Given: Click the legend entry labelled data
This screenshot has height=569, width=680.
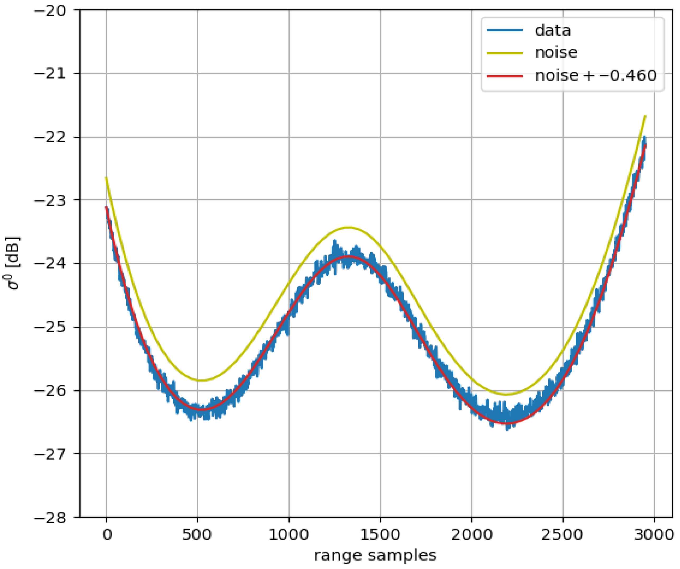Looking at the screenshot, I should [553, 30].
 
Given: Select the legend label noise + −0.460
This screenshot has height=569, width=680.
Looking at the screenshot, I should [595, 76].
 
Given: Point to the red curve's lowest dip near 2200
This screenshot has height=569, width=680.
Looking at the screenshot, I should [507, 423].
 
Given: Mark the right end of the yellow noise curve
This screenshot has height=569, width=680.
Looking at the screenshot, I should [645, 116].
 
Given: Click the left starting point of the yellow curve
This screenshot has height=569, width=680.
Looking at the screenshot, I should [106, 178].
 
